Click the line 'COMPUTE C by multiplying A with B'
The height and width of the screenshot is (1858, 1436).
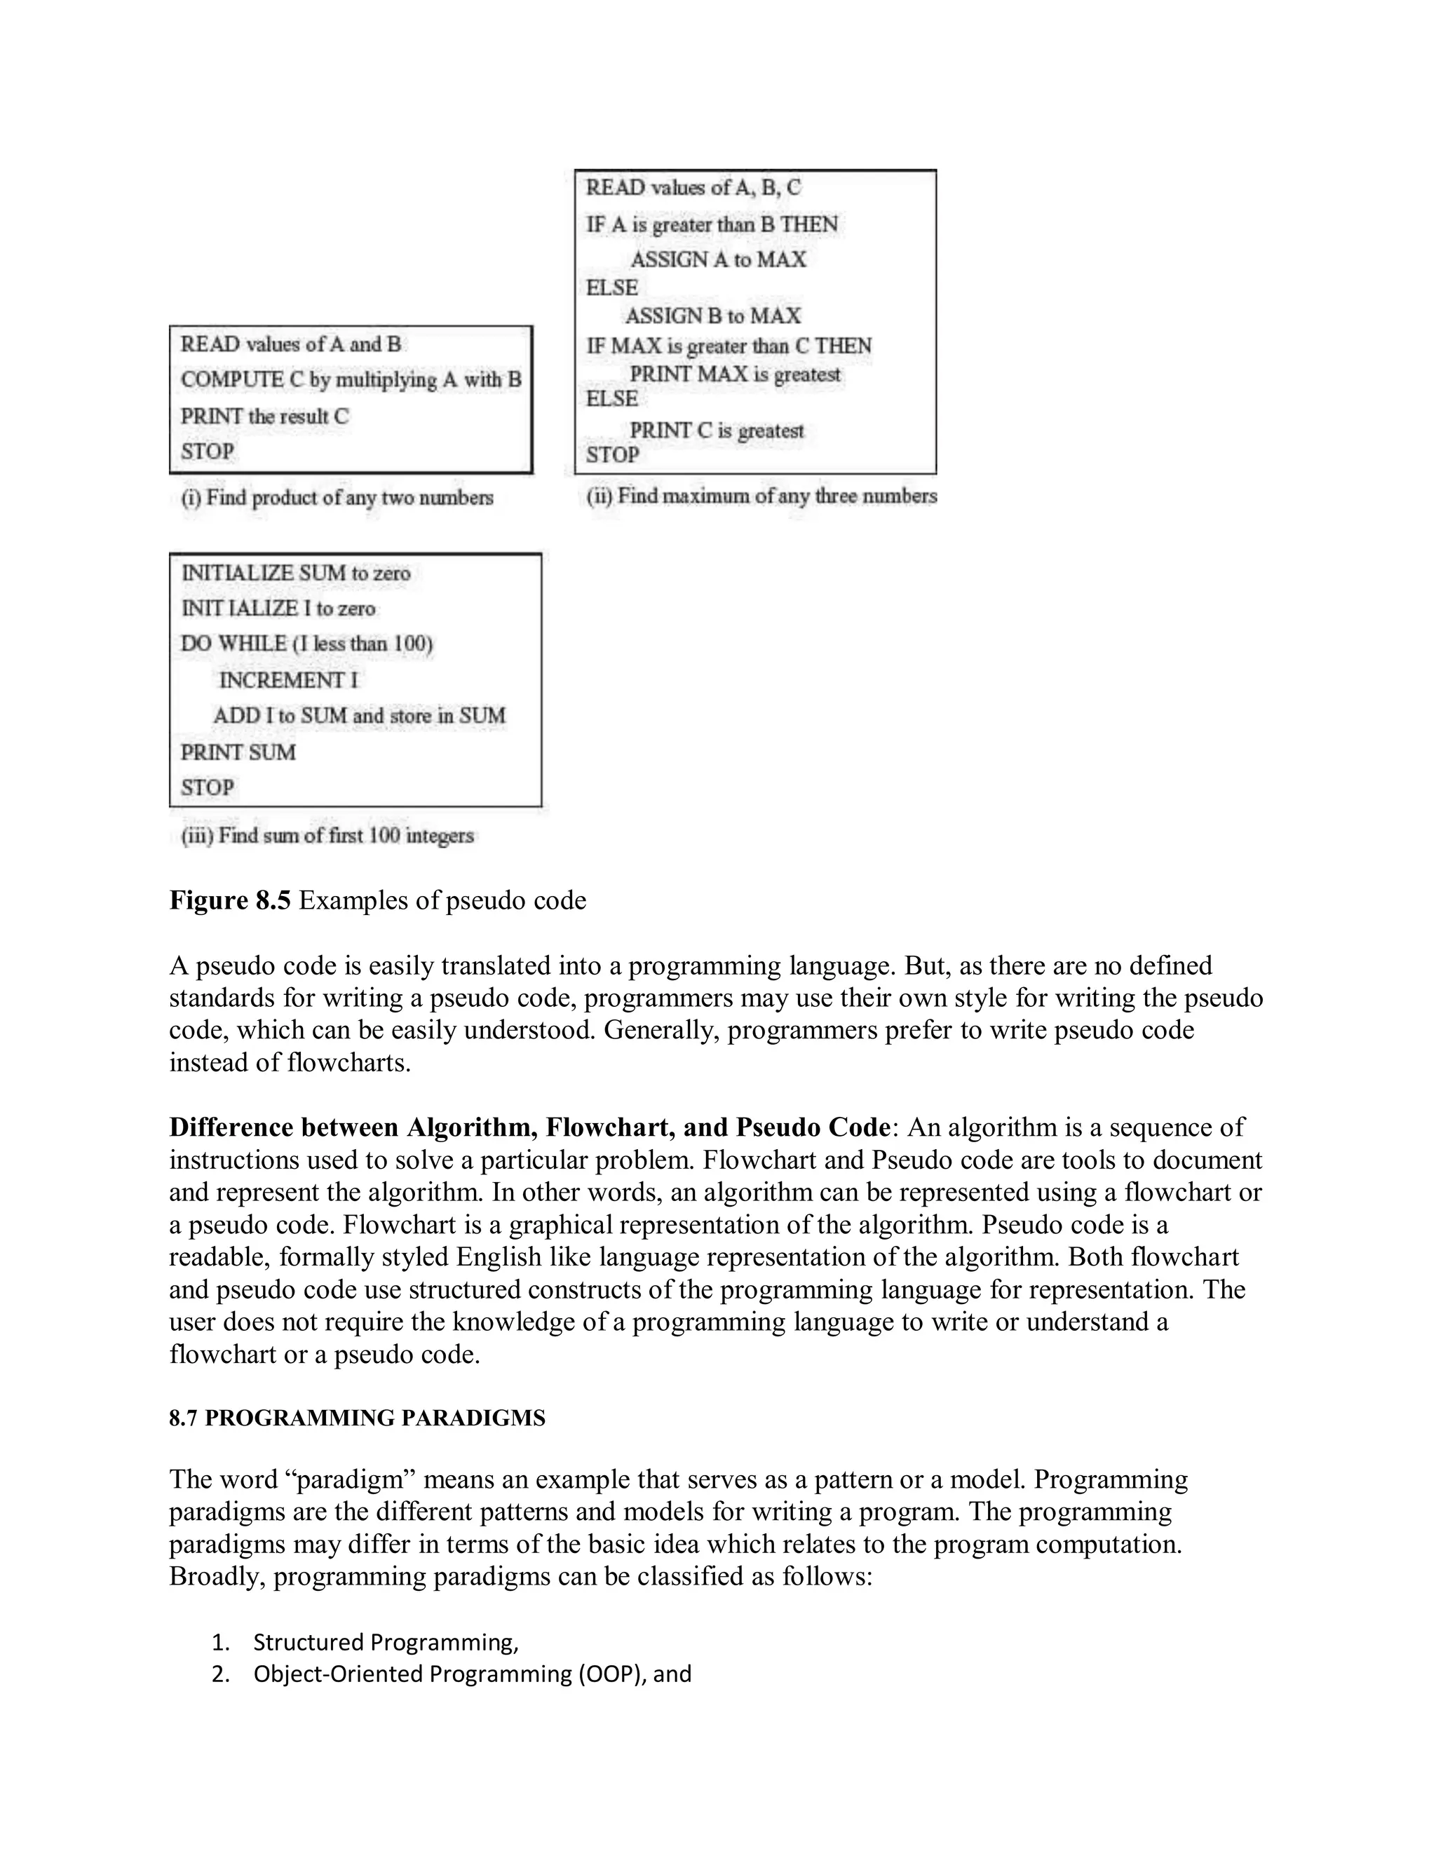point(351,379)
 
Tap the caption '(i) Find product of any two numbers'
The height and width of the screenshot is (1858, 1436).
point(337,498)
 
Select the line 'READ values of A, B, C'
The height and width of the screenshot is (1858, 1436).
point(693,188)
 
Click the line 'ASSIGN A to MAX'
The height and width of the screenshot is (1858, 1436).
point(718,259)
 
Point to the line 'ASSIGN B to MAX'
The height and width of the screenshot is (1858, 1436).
point(713,316)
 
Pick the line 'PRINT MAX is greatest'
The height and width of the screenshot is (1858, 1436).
point(735,374)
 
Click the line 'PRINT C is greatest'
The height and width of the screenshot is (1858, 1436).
point(717,430)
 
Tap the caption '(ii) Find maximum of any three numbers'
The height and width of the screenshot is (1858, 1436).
point(761,496)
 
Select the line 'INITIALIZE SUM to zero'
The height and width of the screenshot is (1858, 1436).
point(295,574)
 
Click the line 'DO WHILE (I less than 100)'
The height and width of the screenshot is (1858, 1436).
point(306,644)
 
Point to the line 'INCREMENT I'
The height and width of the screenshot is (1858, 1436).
point(288,681)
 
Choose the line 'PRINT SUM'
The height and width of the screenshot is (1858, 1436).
point(238,753)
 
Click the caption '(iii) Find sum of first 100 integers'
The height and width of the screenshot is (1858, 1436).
point(327,836)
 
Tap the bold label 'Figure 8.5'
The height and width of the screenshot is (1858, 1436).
point(230,900)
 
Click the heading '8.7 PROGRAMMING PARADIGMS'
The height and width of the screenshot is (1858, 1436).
point(358,1418)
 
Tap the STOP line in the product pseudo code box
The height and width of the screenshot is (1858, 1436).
point(207,452)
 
